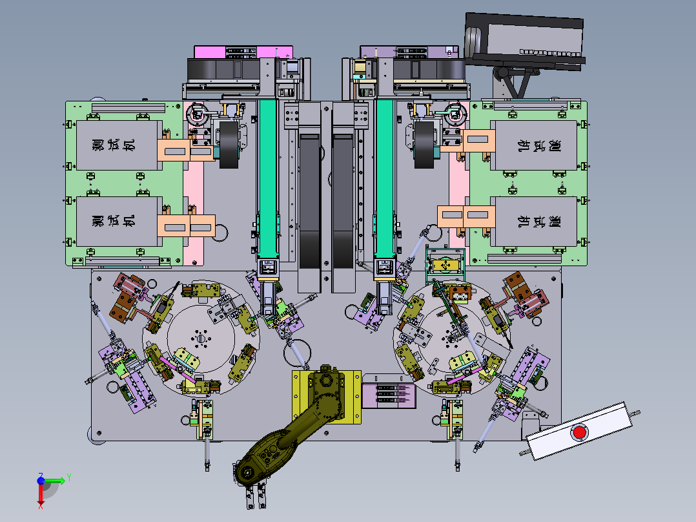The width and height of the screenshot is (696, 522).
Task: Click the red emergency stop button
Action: point(580,432)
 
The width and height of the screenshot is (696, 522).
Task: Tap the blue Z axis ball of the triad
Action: point(41,480)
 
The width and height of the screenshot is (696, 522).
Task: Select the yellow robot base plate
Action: point(326,397)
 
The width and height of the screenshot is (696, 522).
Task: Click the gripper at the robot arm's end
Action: point(256,496)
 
